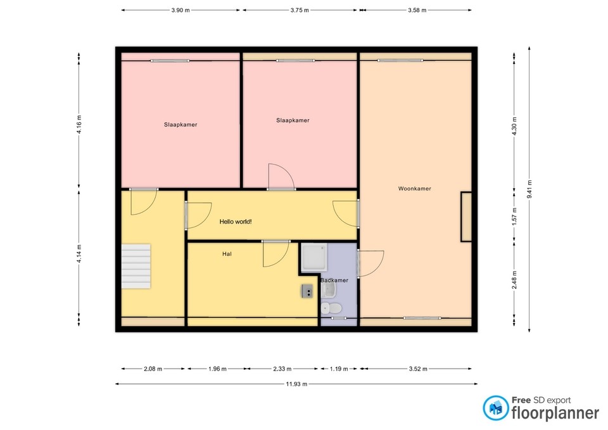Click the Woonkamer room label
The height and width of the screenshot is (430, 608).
click(415, 189)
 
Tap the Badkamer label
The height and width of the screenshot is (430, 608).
click(334, 280)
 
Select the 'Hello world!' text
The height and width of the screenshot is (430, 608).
click(236, 222)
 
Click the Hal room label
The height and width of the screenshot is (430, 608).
click(226, 254)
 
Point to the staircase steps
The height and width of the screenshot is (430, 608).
click(136, 266)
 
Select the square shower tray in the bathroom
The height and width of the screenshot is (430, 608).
click(315, 257)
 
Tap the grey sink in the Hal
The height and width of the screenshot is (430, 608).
click(307, 291)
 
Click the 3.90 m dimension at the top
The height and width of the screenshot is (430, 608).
click(180, 10)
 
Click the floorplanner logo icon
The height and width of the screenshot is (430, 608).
click(495, 408)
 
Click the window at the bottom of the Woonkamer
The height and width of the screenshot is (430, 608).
click(422, 318)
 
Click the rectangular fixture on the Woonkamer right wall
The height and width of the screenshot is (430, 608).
click(466, 217)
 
